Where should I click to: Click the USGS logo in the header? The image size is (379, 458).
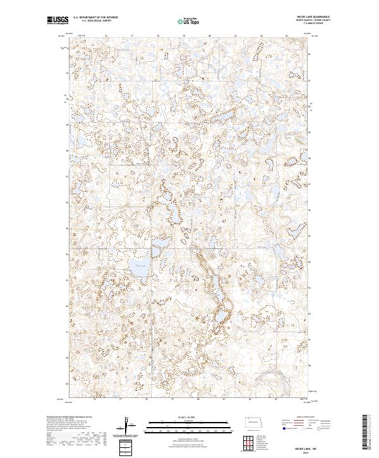(x=57, y=21)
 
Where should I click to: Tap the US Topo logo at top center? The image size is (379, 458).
(x=188, y=21)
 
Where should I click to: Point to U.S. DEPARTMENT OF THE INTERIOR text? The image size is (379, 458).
(x=95, y=18)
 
